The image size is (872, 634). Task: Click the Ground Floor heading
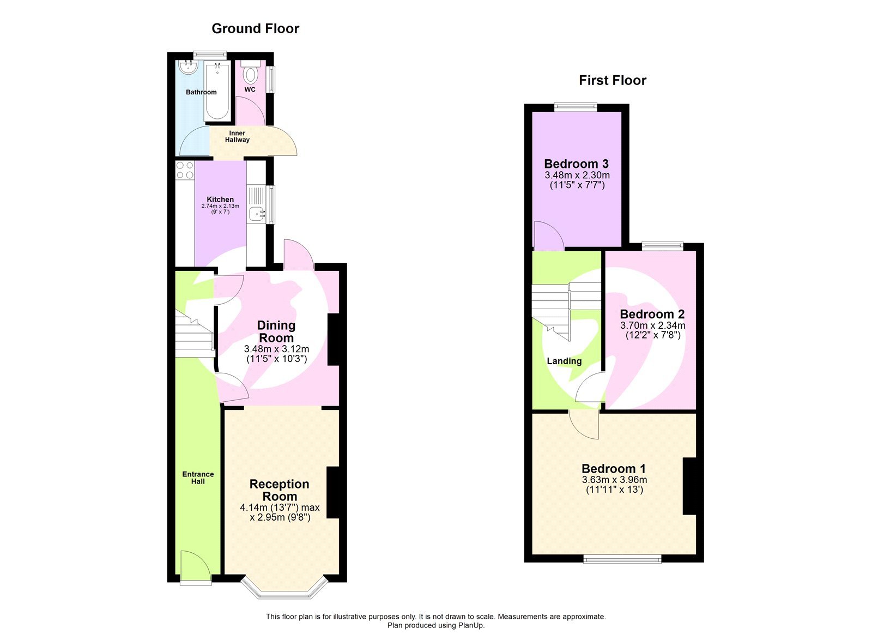click(x=255, y=28)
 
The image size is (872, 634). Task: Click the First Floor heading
click(x=612, y=80)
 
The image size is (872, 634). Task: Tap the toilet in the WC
click(x=251, y=74)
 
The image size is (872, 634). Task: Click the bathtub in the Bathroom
click(x=216, y=92)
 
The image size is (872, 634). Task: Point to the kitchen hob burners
click(x=185, y=170)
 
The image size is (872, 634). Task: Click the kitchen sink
click(x=256, y=214)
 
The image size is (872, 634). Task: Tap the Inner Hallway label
click(x=237, y=136)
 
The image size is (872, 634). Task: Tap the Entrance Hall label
click(x=198, y=478)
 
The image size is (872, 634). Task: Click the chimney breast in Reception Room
click(x=333, y=492)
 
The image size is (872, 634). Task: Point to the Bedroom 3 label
click(x=576, y=164)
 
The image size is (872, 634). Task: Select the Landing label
click(x=564, y=361)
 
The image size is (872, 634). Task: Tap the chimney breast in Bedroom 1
click(x=689, y=486)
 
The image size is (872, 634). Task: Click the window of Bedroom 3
click(x=576, y=107)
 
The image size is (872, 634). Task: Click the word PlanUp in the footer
click(x=471, y=625)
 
